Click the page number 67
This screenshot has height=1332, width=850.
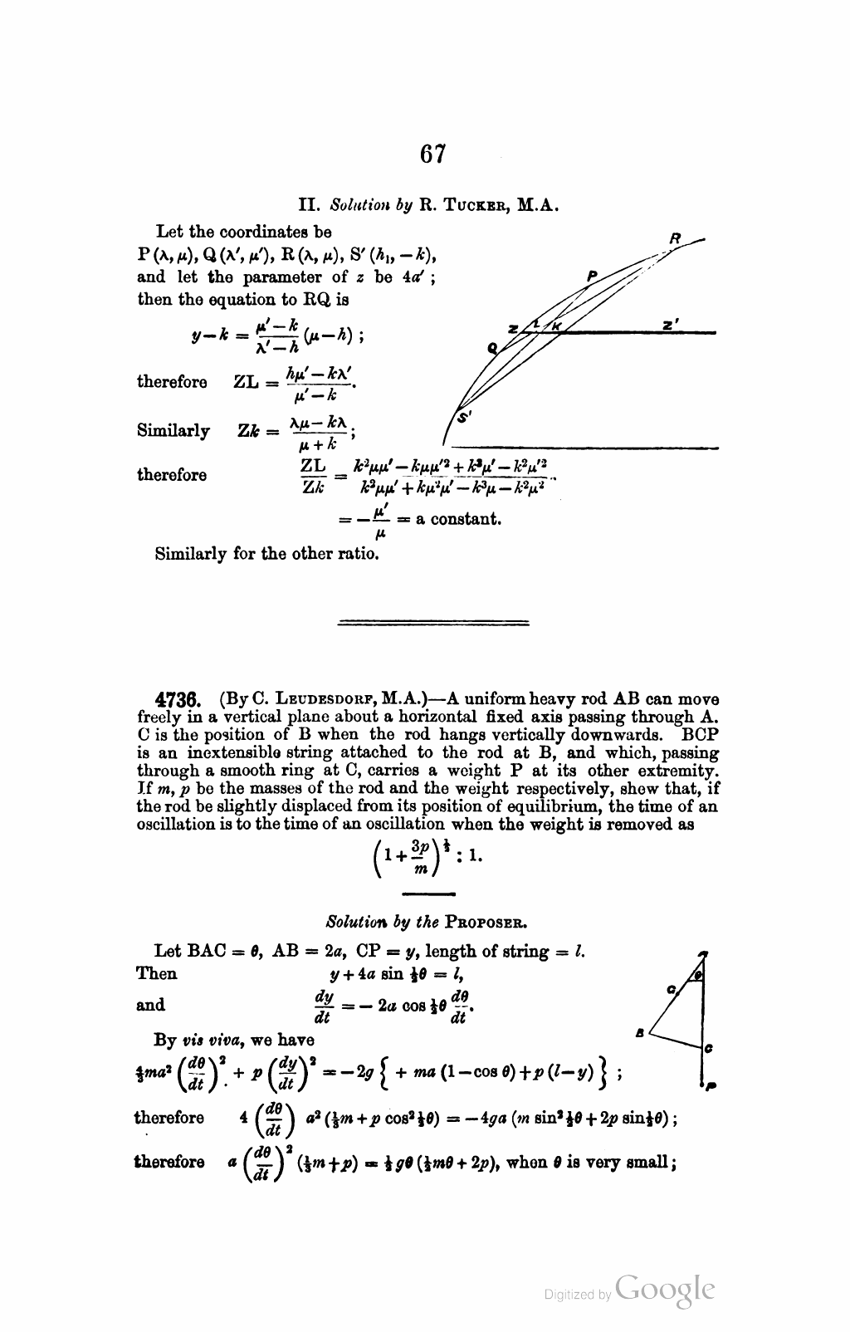pyautogui.click(x=432, y=155)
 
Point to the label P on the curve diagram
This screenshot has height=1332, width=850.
pyautogui.click(x=592, y=275)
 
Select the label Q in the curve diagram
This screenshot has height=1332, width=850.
pyautogui.click(x=492, y=349)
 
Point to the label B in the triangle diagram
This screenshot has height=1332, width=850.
pyautogui.click(x=640, y=1032)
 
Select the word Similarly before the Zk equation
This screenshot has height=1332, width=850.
pyautogui.click(x=173, y=431)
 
